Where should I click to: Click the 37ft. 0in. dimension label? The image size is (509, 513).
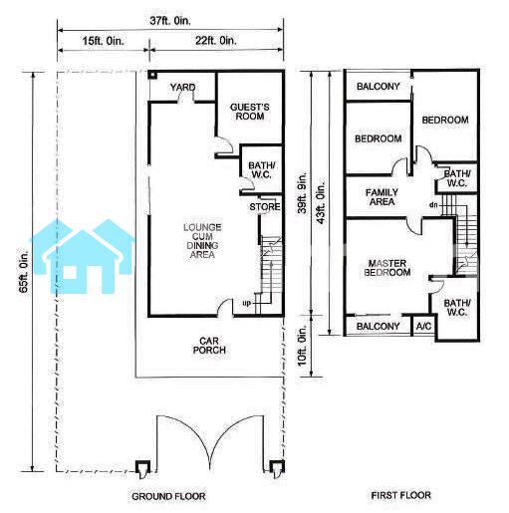point(170,21)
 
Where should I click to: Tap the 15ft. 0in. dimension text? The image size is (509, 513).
point(103,41)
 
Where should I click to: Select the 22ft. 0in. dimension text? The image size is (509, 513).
point(216,41)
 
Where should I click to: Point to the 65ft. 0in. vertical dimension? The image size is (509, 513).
point(24,271)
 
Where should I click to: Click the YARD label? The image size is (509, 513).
point(182,88)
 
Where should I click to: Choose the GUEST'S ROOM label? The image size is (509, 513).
point(250,112)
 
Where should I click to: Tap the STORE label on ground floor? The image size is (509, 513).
point(265,207)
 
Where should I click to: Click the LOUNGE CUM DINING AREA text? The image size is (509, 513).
point(202,241)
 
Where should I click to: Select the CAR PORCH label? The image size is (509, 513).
point(209,346)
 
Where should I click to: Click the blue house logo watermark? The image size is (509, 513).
point(83,256)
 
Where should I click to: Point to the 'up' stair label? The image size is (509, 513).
point(246,303)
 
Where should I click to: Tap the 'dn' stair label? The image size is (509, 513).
point(433,205)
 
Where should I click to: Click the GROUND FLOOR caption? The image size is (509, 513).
point(168,496)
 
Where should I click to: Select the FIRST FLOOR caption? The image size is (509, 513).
point(400,495)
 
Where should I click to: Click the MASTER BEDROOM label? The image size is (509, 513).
point(387,268)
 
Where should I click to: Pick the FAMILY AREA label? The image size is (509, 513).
point(382,197)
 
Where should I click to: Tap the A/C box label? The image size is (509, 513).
point(423,327)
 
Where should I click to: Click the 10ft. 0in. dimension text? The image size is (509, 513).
point(302,346)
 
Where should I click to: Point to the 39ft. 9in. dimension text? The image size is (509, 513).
point(302,192)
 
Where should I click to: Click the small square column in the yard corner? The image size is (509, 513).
point(152,75)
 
